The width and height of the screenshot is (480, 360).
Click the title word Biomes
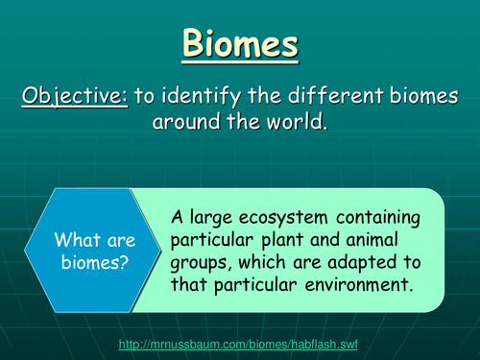point(240,44)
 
